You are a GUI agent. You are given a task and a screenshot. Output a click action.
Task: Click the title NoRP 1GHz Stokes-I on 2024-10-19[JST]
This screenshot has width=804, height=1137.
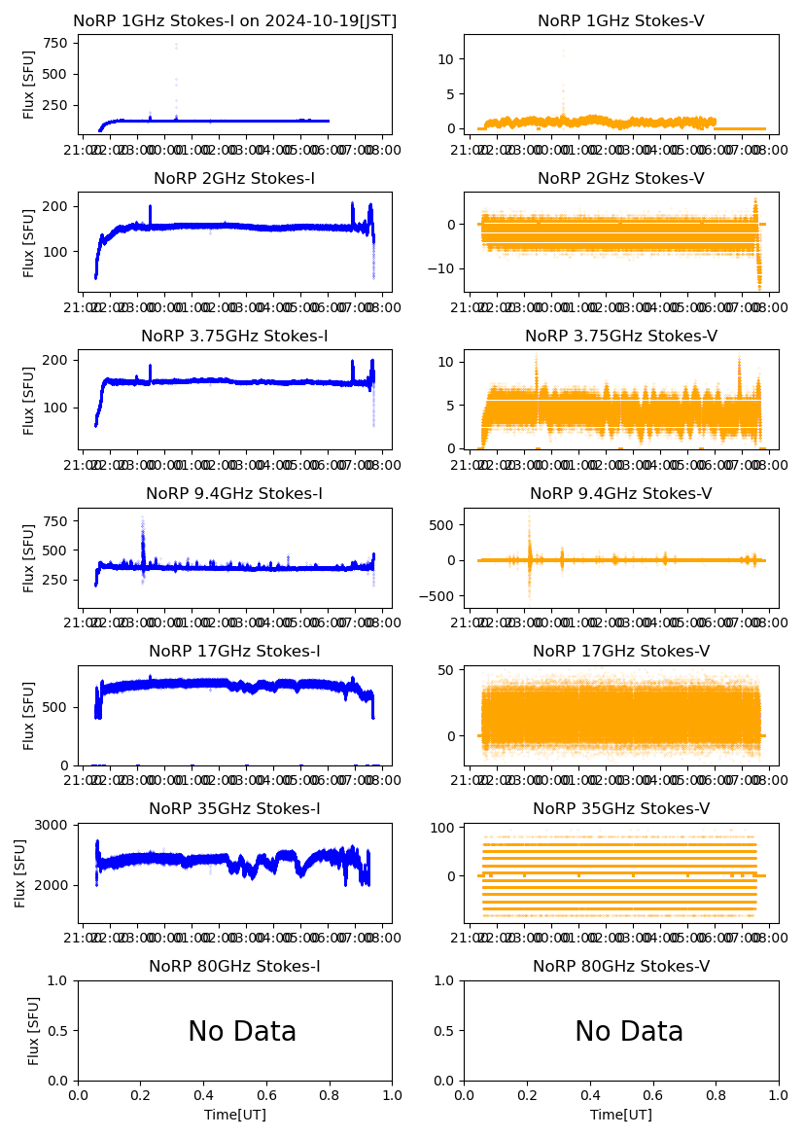234,20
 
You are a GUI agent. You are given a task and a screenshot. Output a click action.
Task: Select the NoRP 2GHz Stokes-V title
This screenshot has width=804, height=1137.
621,178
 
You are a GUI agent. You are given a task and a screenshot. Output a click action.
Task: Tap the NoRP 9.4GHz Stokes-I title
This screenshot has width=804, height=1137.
234,493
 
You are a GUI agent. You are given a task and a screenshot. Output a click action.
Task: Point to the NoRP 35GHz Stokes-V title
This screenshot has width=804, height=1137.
621,808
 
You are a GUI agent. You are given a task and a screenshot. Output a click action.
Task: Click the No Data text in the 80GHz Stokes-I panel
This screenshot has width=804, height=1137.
242,1032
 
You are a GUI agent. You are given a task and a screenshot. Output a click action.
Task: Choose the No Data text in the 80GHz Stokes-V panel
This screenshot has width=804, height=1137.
629,1032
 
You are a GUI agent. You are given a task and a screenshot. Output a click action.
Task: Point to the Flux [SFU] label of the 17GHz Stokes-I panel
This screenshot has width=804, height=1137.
30,715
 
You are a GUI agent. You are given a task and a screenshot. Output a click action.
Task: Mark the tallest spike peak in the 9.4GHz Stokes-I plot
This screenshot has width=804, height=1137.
143,517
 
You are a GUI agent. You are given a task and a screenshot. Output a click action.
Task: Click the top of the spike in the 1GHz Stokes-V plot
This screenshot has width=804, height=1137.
563,52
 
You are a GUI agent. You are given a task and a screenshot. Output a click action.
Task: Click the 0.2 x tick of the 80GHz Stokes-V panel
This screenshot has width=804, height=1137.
527,1095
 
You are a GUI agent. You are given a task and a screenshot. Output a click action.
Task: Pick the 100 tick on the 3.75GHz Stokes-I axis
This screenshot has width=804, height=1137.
54,407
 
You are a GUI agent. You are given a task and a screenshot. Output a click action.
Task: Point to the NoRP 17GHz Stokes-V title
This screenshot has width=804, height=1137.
621,651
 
